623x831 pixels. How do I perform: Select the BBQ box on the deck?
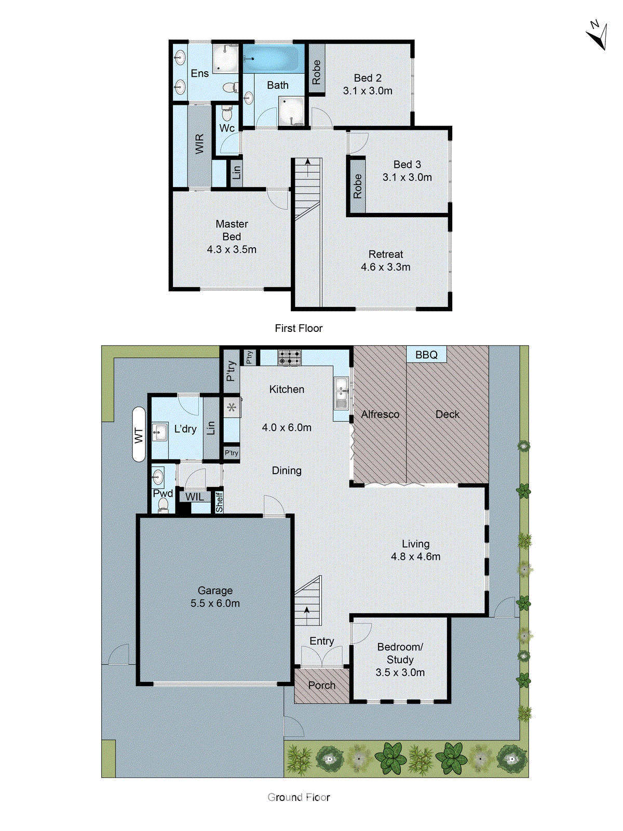(x=426, y=355)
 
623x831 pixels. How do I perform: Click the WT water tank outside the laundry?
(x=139, y=435)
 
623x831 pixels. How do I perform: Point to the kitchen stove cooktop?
(x=289, y=357)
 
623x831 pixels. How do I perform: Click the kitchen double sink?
(x=341, y=393)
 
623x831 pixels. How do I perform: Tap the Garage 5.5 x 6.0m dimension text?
(x=215, y=604)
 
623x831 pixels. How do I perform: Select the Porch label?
(x=321, y=686)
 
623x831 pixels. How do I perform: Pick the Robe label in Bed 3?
(x=357, y=186)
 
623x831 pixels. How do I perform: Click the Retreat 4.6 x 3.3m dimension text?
(x=385, y=267)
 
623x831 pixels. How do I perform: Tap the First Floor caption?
(x=299, y=328)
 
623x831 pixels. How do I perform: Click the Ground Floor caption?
(x=299, y=797)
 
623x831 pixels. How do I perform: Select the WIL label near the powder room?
(x=195, y=497)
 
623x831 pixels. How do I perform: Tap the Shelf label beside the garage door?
(x=219, y=502)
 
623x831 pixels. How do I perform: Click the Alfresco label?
(x=380, y=414)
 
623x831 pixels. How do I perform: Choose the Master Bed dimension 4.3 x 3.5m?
(x=232, y=249)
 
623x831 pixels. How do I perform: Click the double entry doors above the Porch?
(x=321, y=657)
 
